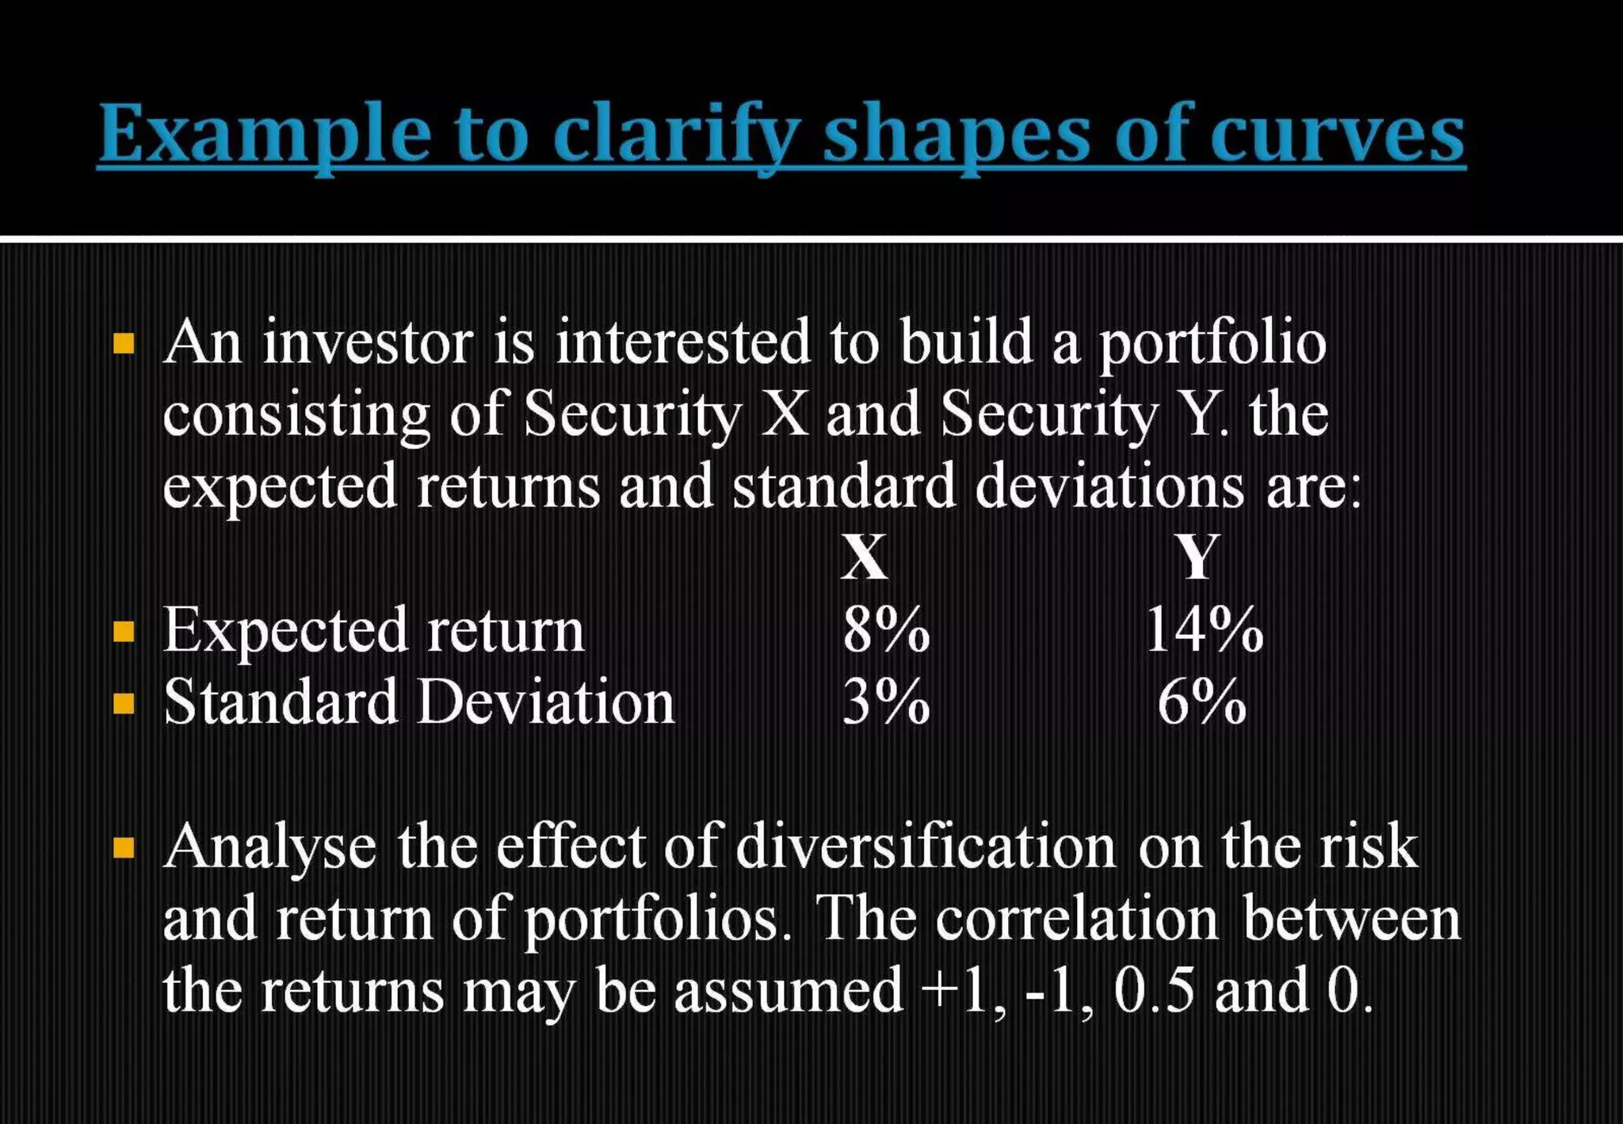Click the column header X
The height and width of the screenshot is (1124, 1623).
click(x=864, y=557)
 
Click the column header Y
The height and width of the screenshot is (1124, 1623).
click(x=1197, y=557)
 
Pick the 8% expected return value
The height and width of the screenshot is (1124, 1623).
click(x=885, y=630)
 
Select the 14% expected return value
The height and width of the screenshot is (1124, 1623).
click(x=1204, y=630)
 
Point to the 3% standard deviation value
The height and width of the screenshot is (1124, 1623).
click(x=885, y=702)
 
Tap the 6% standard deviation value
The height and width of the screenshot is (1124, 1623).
click(x=1201, y=702)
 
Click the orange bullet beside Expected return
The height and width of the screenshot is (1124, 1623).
click(x=124, y=632)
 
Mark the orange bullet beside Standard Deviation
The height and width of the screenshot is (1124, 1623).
click(x=124, y=703)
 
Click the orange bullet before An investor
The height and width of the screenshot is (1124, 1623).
click(x=124, y=344)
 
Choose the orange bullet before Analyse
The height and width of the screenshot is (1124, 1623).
click(x=124, y=849)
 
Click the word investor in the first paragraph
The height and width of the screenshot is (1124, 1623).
click(x=368, y=343)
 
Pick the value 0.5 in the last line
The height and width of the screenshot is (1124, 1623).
click(x=1153, y=990)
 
